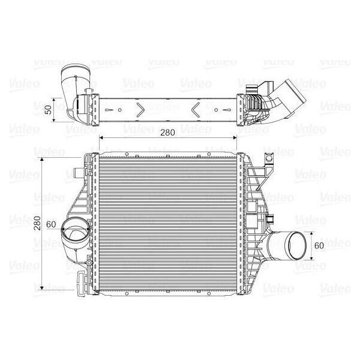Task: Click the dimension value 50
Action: [49, 110]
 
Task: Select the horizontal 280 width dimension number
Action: [167, 133]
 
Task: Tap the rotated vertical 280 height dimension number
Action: [37, 223]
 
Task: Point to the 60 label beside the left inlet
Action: [51, 224]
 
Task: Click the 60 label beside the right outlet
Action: [319, 245]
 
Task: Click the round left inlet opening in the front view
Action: [76, 229]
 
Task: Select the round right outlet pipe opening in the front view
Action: [295, 245]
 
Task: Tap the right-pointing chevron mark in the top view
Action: [140, 110]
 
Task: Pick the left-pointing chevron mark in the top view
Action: [196, 110]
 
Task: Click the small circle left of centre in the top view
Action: [119, 110]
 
